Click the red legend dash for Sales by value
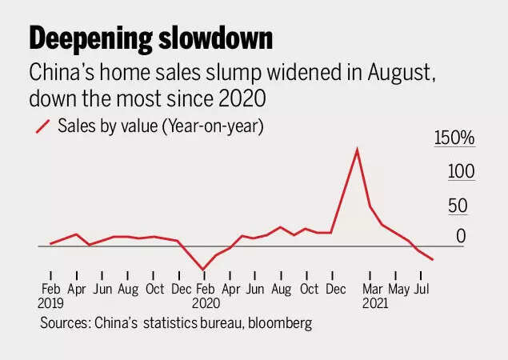coord(41,126)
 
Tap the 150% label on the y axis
coord(454,138)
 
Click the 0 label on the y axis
coord(461,236)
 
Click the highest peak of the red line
coord(356,149)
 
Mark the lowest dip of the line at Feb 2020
coord(204,269)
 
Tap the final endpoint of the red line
coord(433,259)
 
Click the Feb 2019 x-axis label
coord(50,295)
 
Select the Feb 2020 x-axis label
coord(206,295)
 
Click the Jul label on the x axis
coord(423,288)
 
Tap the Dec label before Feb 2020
coord(182,288)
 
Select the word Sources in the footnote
coord(64,323)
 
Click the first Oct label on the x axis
coord(154,288)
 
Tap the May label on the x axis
coord(399,288)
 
